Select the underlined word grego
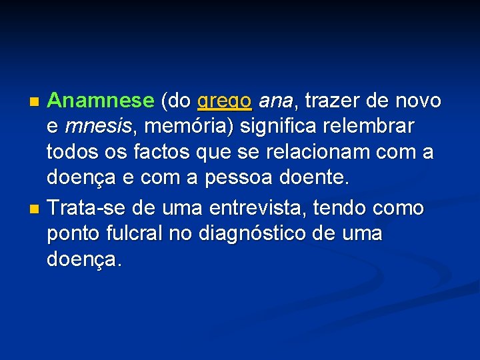click(224, 102)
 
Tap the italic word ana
click(275, 101)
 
